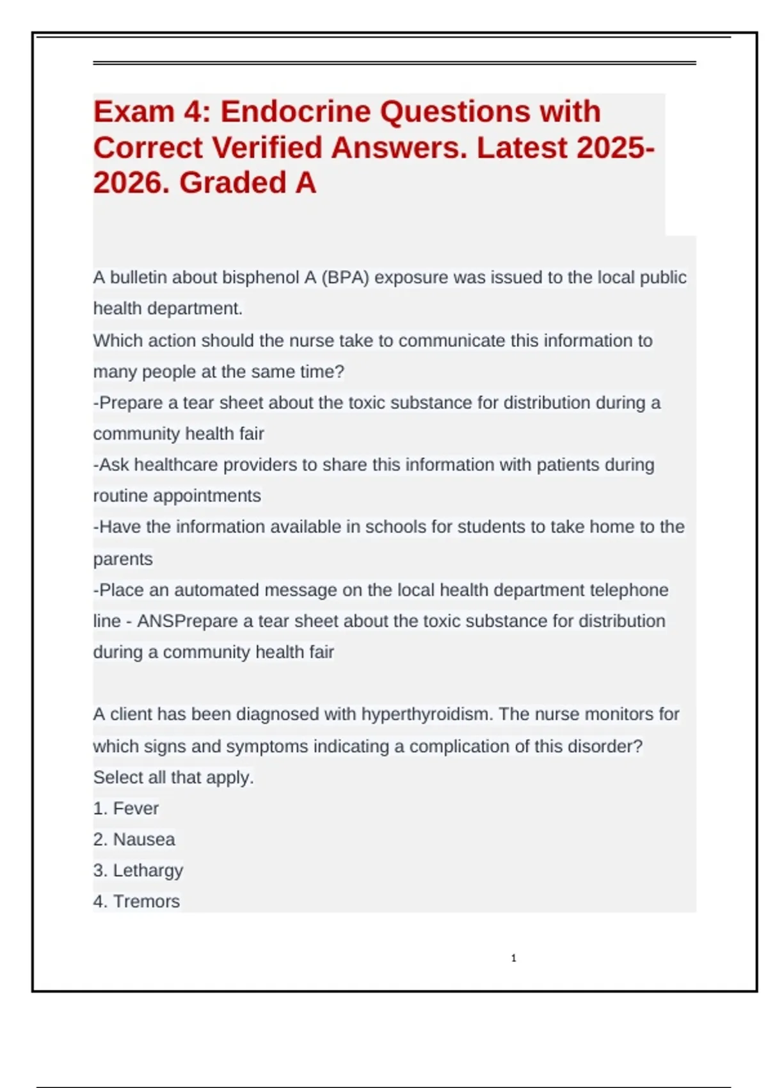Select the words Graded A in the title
[x=248, y=183]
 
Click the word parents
[x=123, y=559]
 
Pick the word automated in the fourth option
[x=216, y=589]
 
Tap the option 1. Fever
[x=126, y=808]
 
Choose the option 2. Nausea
[x=134, y=839]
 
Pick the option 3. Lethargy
[x=138, y=870]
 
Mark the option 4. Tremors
[x=136, y=901]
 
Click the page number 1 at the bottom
[x=513, y=958]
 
